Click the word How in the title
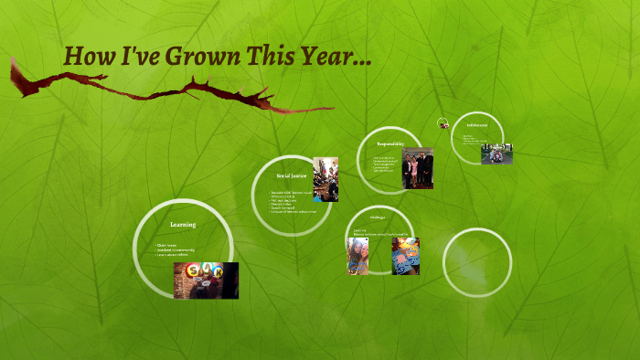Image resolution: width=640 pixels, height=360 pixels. [88, 57]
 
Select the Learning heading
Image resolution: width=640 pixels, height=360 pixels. [183, 224]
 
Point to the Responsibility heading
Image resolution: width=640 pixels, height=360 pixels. [390, 143]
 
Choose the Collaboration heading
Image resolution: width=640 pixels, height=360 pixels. [476, 124]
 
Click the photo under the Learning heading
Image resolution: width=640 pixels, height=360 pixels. [206, 281]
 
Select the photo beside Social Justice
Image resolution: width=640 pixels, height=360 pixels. [325, 179]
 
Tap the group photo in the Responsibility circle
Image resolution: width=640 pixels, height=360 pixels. [417, 168]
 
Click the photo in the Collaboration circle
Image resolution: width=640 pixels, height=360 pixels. [496, 153]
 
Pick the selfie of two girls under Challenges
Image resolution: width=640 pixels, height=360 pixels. [357, 256]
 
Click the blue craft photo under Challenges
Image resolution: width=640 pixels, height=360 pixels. [406, 256]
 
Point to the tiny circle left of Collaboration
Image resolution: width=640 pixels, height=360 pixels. [443, 124]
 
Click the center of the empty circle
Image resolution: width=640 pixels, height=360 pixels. [477, 262]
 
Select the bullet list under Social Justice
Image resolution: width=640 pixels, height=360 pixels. [291, 202]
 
